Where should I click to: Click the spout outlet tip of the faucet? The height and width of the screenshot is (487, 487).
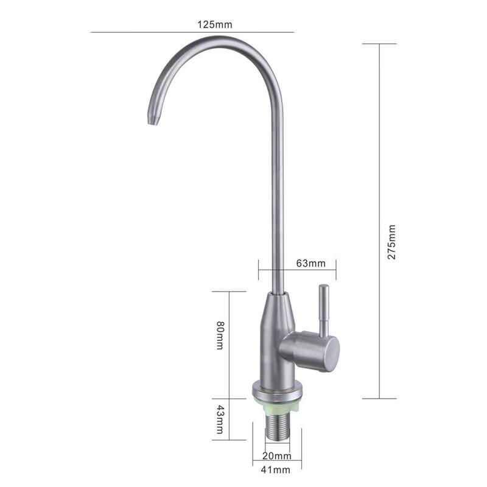click(153, 119)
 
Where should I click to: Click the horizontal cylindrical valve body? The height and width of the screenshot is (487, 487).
click(310, 351)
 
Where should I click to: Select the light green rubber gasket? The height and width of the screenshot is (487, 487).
click(278, 401)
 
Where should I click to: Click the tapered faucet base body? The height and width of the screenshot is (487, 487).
click(277, 335)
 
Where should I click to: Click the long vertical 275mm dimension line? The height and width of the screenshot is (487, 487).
click(379, 152)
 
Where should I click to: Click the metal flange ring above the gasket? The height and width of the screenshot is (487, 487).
click(278, 389)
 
